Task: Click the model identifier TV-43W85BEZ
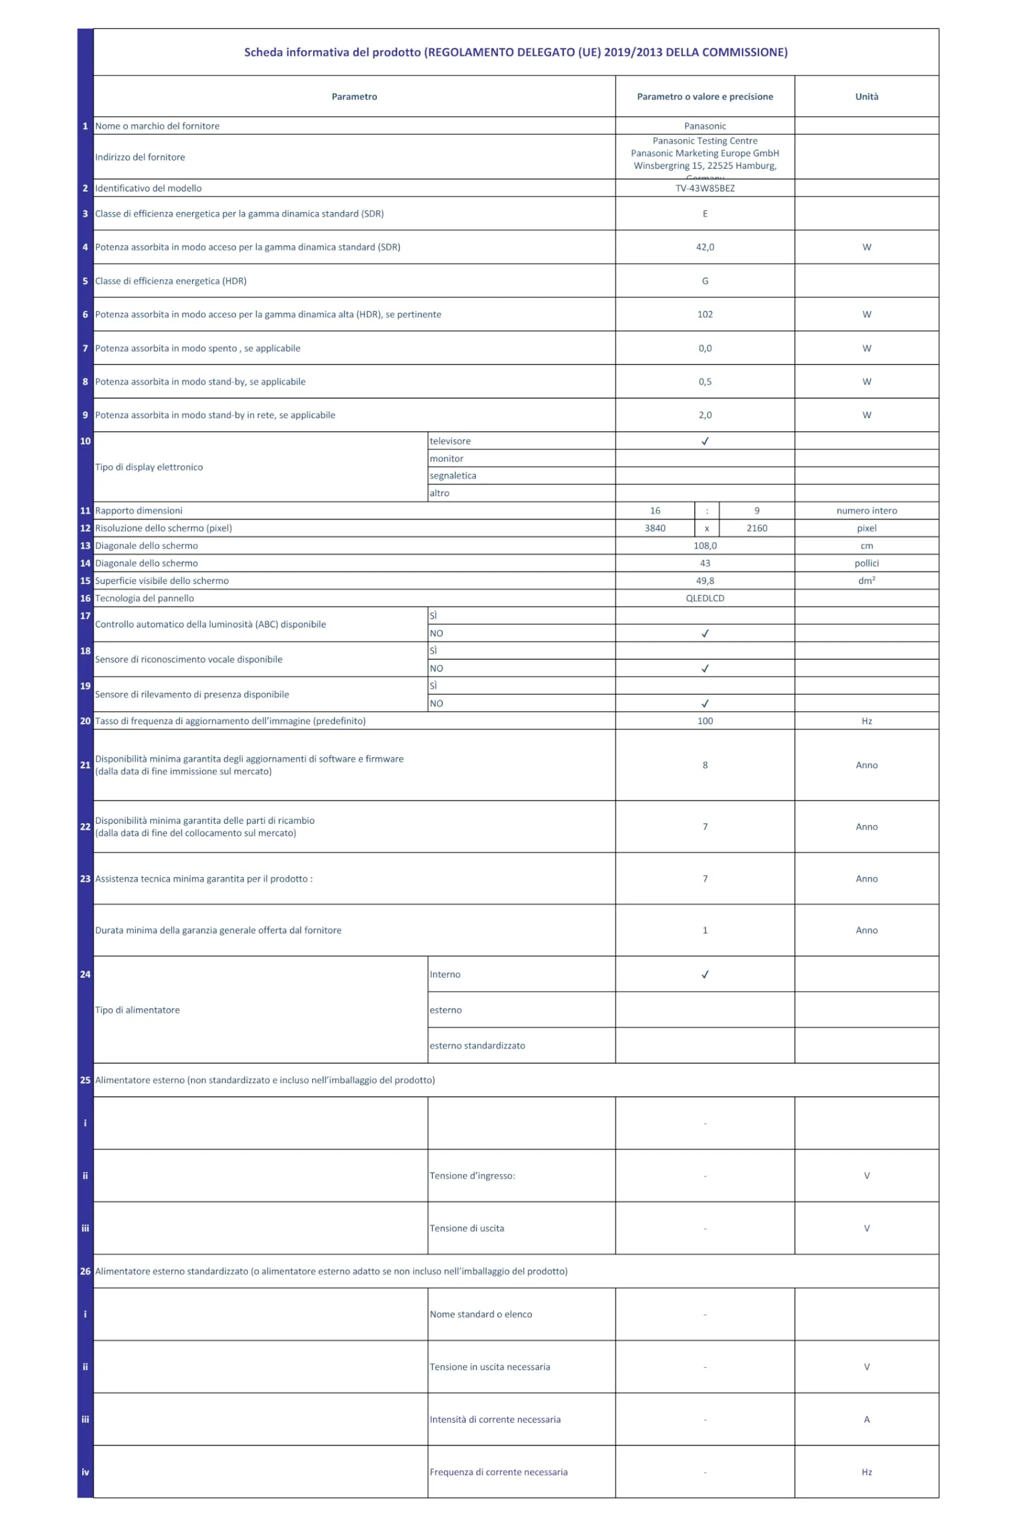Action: point(704,188)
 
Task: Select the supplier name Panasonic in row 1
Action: point(704,126)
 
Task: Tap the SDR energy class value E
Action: point(704,214)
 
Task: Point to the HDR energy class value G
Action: point(704,281)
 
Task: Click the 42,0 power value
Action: point(704,248)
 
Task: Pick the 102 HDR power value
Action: point(704,314)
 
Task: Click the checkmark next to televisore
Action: point(704,441)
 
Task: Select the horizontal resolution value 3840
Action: point(654,528)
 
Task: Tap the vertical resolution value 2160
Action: point(756,528)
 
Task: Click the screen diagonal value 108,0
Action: point(704,545)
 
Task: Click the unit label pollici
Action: point(866,563)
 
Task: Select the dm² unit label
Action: point(866,580)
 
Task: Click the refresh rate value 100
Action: point(704,721)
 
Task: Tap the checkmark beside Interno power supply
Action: point(704,974)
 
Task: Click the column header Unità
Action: point(866,97)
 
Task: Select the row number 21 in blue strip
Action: point(85,765)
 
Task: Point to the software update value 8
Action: point(704,765)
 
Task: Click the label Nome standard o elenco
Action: point(481,1314)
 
